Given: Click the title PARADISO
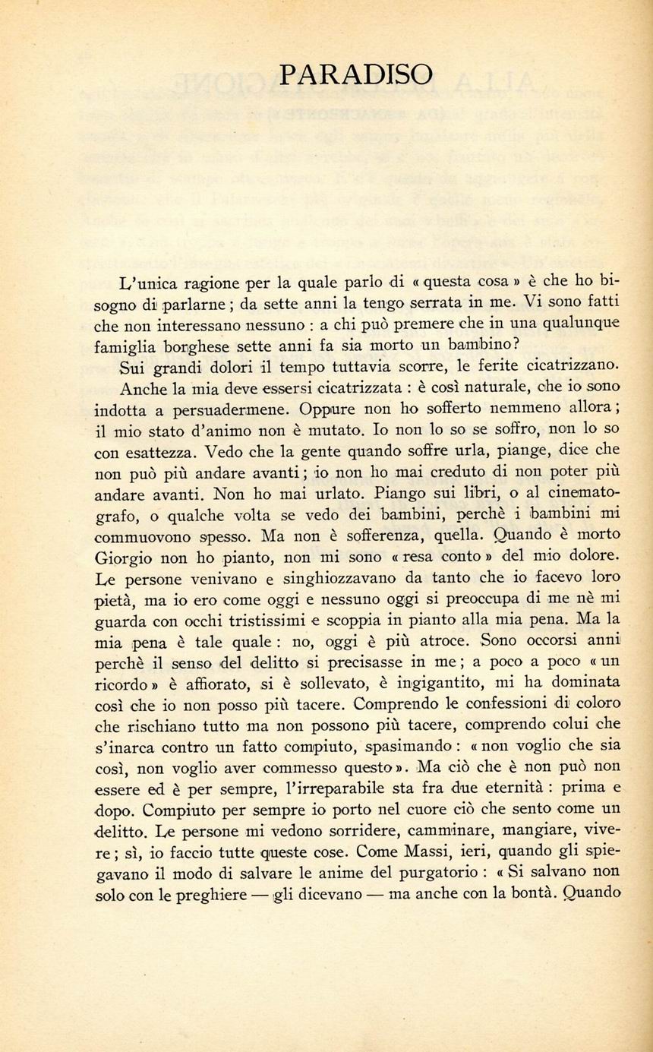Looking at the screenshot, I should (356, 74).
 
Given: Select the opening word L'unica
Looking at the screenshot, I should (149, 285).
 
